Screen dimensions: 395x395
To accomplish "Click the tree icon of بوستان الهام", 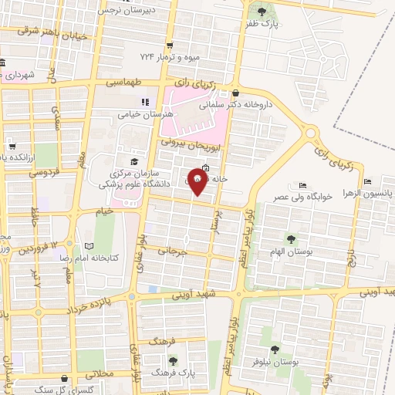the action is (x=290, y=239).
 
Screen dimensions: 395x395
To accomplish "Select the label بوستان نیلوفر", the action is (x=275, y=341).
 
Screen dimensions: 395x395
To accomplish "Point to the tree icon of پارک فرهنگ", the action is (x=172, y=360).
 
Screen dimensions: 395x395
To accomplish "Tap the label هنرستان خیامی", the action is (x=143, y=113).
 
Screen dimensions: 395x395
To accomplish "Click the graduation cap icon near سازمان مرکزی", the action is (x=134, y=161).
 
